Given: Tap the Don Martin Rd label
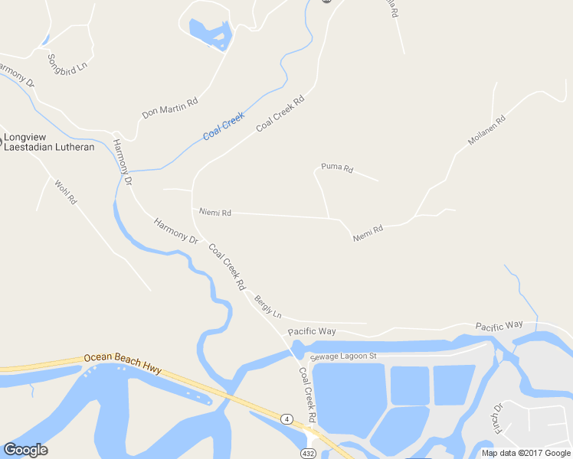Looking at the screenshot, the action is click(170, 108).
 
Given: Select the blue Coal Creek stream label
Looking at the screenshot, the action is click(224, 126).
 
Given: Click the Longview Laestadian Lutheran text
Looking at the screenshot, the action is click(49, 143).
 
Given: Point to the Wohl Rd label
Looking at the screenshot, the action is click(65, 191).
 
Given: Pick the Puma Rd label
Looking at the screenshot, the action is click(337, 168).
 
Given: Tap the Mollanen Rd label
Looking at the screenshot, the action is click(487, 131).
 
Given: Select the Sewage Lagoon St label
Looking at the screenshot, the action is click(344, 356).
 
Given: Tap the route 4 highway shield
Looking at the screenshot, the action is click(286, 418).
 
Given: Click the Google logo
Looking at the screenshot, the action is click(25, 449).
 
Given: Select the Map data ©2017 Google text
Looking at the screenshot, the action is click(526, 453).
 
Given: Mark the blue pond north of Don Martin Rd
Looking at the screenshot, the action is click(208, 33).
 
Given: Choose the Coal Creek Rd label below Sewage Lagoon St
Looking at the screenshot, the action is click(307, 396).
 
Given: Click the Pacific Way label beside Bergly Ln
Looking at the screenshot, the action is click(312, 331).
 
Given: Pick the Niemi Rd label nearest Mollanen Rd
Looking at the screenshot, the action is click(368, 233).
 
